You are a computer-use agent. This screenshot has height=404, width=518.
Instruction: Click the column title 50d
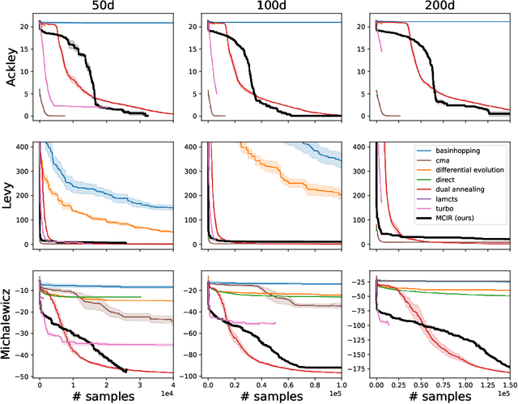tap(106, 7)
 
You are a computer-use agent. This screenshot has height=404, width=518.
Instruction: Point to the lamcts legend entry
tap(448, 207)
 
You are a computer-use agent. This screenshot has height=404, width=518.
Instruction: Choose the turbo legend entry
tap(446, 219)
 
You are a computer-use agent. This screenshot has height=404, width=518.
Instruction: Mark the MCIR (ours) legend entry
tap(459, 230)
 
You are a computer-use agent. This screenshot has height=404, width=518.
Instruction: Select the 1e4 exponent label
tap(167, 394)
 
